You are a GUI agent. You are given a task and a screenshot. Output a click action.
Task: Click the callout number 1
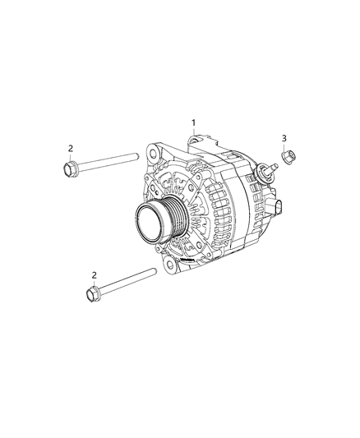[193, 123]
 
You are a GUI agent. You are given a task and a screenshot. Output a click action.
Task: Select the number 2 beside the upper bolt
[71, 148]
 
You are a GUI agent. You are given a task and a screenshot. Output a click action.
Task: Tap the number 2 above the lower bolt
[94, 274]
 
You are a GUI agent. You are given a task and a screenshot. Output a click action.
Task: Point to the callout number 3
[284, 137]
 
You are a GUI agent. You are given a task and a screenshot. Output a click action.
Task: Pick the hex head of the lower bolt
[91, 293]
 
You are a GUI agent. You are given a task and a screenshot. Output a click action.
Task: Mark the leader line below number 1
[193, 136]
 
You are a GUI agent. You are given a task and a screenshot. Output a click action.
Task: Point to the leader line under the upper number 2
[71, 158]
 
